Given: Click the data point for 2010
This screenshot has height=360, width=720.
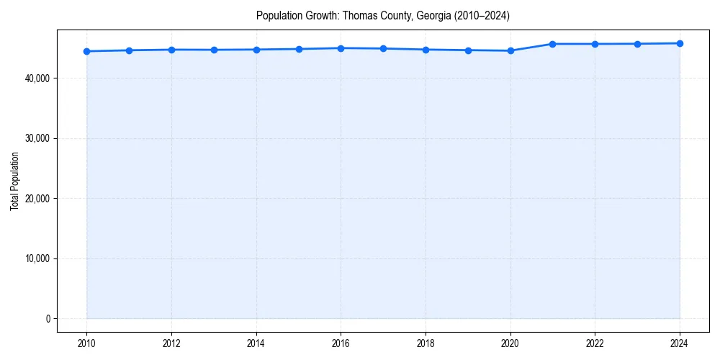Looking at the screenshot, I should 86,51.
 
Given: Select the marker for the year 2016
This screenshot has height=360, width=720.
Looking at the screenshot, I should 341,48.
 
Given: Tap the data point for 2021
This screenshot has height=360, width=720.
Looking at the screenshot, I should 552,44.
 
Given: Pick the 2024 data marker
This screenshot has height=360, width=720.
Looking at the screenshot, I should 680,43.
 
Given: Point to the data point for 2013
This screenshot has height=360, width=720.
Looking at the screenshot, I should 214,50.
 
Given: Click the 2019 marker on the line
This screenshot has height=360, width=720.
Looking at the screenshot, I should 468,50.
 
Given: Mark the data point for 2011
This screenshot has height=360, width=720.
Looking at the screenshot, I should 129,50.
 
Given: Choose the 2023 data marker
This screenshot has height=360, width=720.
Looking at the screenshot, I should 637,44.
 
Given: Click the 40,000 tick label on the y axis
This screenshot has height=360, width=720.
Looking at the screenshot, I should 37,78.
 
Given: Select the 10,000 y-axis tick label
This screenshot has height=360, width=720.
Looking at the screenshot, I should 37,258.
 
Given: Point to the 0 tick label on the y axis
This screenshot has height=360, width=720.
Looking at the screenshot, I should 48,319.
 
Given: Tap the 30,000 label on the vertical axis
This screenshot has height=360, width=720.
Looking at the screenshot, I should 37,138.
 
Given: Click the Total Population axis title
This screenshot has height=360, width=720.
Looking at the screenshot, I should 14,181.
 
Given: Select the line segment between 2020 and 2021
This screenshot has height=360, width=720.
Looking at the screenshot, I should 531,48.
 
